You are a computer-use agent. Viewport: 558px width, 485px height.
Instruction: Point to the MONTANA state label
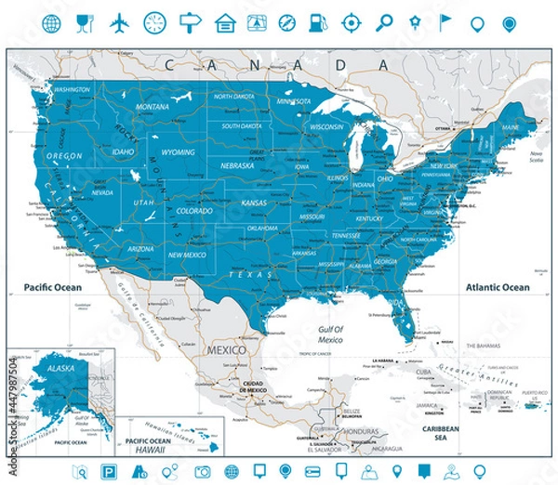click(153, 107)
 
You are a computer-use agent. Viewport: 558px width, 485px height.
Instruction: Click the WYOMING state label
click(178, 151)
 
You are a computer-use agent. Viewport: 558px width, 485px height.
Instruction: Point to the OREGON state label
click(64, 156)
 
